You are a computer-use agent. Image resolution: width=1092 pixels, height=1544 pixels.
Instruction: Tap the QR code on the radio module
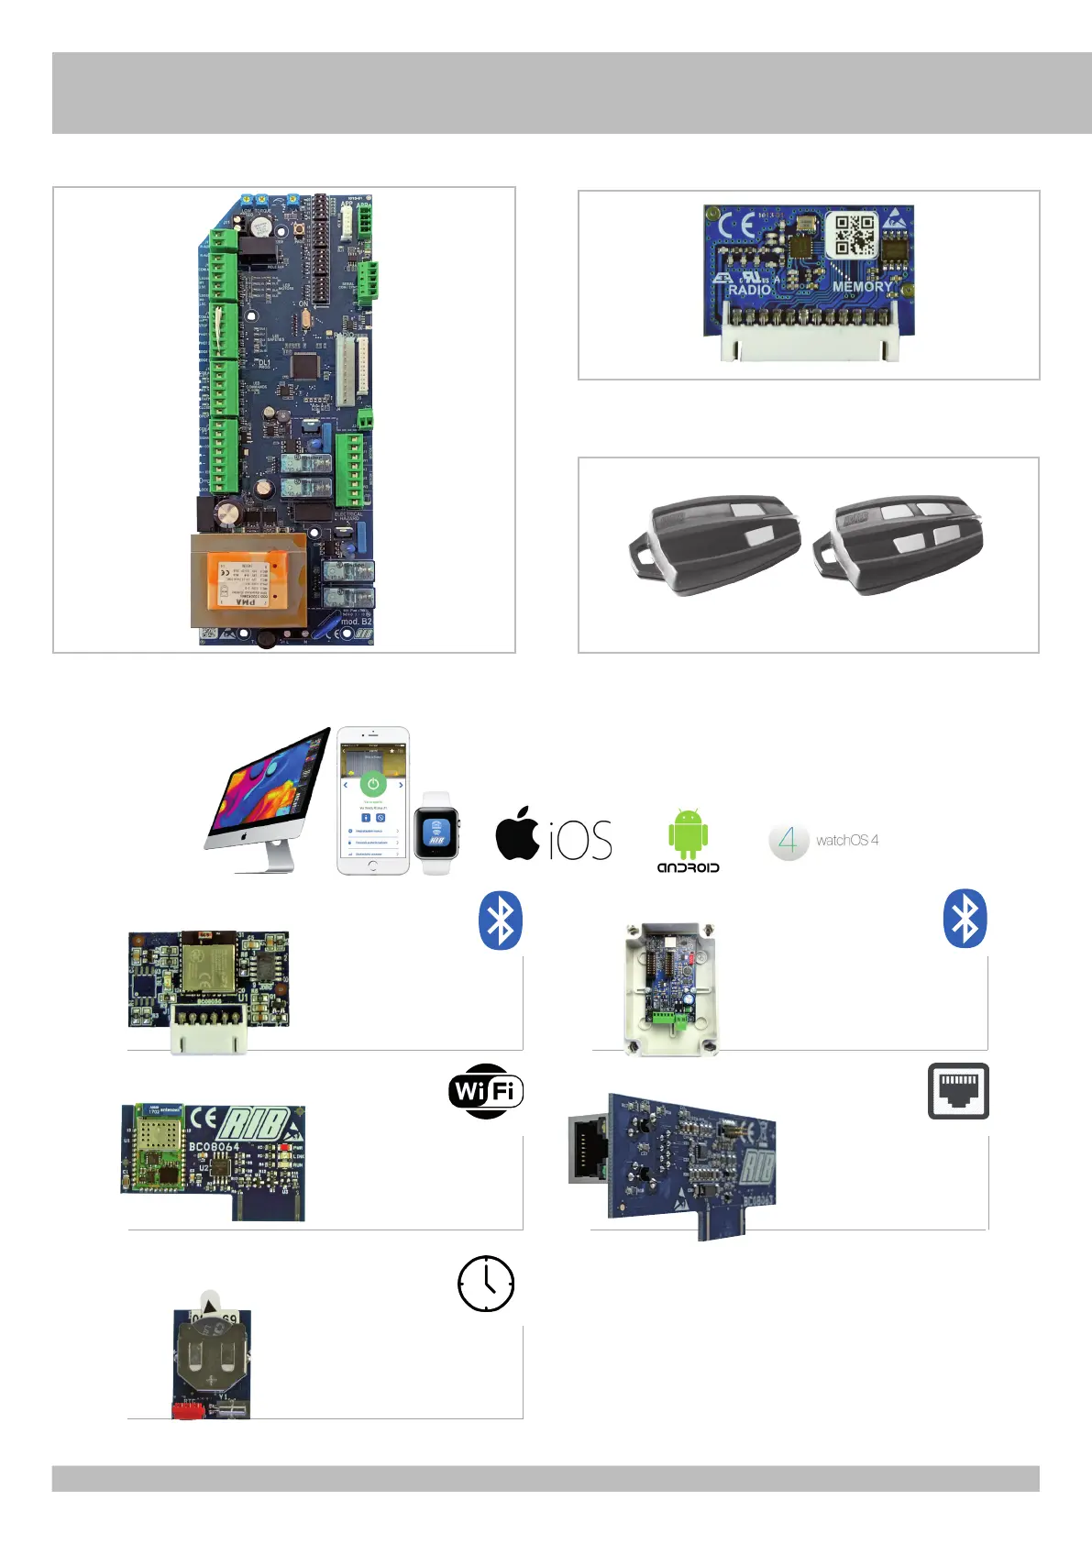(x=852, y=237)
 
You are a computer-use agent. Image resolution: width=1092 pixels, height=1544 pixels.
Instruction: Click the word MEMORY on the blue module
(x=862, y=287)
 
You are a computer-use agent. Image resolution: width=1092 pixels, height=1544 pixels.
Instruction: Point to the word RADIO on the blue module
(x=750, y=290)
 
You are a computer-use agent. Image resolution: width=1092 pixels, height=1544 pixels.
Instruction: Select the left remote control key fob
(x=714, y=543)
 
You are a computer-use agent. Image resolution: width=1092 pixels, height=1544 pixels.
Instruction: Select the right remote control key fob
(x=899, y=543)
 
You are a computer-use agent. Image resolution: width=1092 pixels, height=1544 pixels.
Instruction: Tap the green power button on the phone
(x=372, y=785)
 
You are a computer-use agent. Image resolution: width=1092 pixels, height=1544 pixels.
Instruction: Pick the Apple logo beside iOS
(x=517, y=833)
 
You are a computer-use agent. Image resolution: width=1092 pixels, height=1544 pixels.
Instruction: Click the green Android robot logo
(x=688, y=833)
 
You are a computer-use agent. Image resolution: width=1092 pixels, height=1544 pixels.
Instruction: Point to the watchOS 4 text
(x=846, y=840)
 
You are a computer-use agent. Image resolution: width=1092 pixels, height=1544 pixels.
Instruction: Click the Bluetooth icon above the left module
(x=501, y=920)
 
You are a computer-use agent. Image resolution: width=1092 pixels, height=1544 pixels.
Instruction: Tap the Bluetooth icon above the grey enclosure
(x=965, y=919)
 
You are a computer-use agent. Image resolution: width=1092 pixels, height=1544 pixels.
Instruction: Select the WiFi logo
(x=486, y=1091)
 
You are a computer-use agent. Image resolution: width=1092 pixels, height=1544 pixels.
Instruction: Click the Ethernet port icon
(x=958, y=1091)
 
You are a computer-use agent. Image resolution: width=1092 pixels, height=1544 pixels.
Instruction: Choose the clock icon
(x=486, y=1284)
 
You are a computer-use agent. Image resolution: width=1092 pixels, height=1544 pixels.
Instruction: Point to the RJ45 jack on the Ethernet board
(x=588, y=1149)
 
